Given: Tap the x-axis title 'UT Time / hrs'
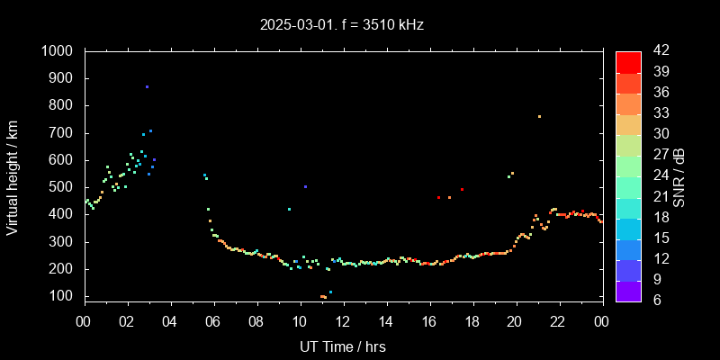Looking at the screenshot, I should pyautogui.click(x=343, y=346).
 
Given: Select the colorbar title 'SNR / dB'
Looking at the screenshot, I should pyautogui.click(x=679, y=175).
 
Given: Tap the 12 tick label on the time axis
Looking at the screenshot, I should pyautogui.click(x=343, y=320).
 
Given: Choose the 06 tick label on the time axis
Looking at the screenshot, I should pyautogui.click(x=213, y=320).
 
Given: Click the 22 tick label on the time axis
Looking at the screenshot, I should pyautogui.click(x=558, y=320).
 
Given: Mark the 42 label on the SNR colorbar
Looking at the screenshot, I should pyautogui.click(x=655, y=51).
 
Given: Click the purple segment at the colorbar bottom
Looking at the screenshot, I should pyautogui.click(x=628, y=291).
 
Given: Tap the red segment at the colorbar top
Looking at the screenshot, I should pyautogui.click(x=628, y=61).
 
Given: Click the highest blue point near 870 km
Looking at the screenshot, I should pyautogui.click(x=147, y=86).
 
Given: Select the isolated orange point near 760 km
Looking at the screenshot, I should pyautogui.click(x=539, y=116).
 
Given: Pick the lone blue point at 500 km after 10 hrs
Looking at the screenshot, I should pyautogui.click(x=306, y=186).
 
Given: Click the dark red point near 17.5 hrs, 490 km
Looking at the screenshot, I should pyautogui.click(x=462, y=189).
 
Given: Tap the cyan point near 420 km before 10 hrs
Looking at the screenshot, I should pyautogui.click(x=289, y=209).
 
